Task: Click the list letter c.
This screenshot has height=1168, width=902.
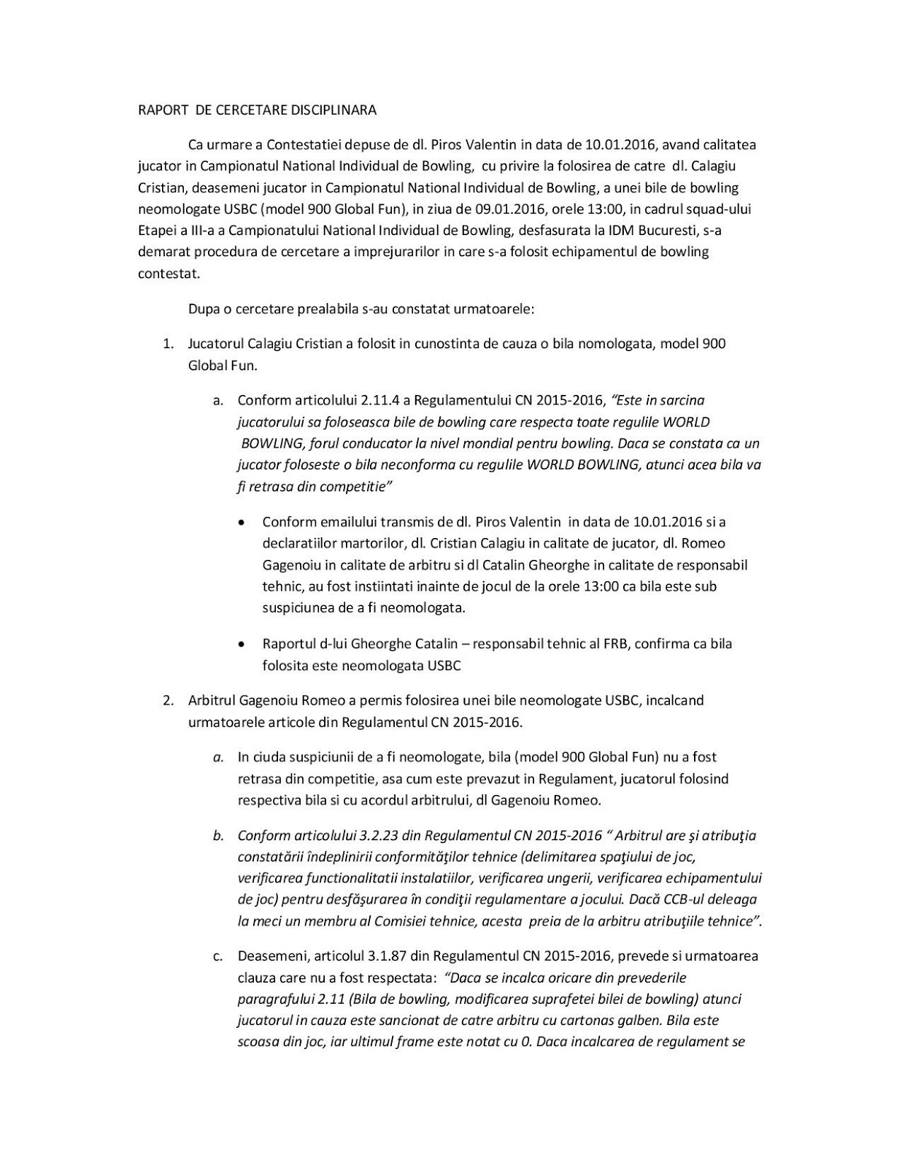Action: [218, 956]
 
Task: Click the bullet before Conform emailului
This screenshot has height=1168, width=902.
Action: [242, 523]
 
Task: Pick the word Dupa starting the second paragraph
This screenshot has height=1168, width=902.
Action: [203, 308]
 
